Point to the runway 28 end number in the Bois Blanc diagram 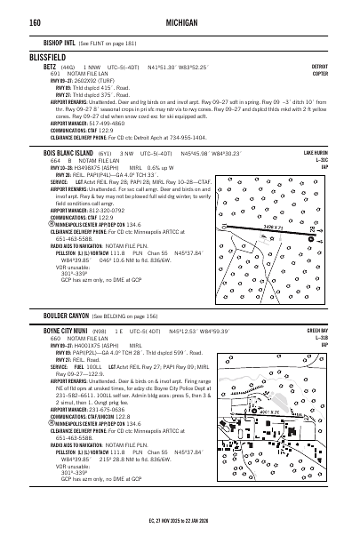click(316, 232)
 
